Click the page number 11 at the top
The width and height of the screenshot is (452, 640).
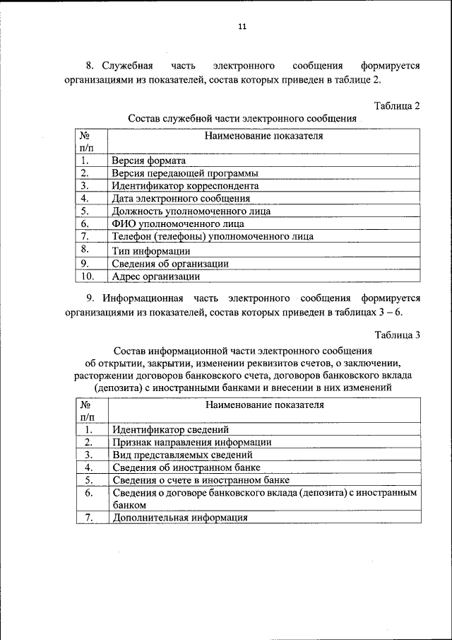[242, 27]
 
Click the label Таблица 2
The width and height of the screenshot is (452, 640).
[397, 105]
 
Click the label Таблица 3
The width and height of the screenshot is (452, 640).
[397, 335]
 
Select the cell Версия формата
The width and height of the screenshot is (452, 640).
[148, 161]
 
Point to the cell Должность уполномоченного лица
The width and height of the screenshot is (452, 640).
[191, 211]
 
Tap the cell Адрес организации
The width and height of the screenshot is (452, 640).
[155, 277]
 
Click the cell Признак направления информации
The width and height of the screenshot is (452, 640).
[191, 442]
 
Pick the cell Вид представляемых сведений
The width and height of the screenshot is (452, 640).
[182, 455]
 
